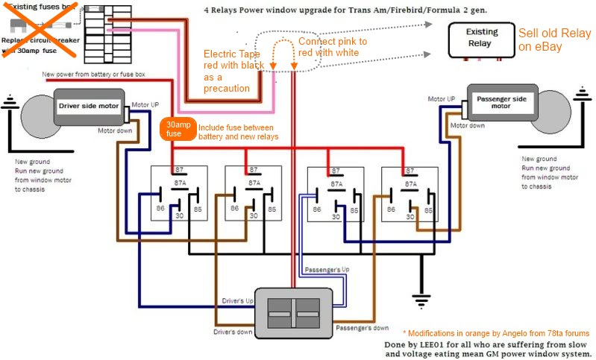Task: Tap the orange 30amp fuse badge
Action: pos(178,129)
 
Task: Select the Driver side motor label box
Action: pos(88,106)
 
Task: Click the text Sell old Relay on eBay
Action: pos(554,40)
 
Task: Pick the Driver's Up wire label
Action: pos(238,300)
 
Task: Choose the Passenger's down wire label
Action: pos(362,327)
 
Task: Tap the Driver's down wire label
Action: pos(233,331)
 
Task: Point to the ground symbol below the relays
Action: pos(421,301)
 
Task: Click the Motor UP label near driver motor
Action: pos(145,104)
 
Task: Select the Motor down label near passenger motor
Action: pos(466,125)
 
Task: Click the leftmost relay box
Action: pos(178,193)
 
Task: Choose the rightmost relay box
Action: pos(409,193)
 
